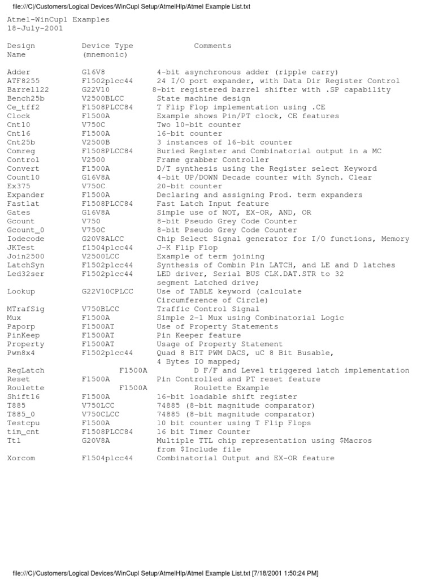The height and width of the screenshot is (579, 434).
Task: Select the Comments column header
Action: [x=212, y=46]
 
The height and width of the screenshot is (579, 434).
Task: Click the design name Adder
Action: [x=19, y=72]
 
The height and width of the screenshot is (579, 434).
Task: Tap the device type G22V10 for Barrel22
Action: [x=96, y=90]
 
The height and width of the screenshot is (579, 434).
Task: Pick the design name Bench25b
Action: [x=25, y=98]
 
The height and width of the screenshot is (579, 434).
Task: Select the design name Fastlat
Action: [x=23, y=204]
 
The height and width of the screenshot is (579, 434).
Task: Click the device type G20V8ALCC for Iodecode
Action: [x=105, y=239]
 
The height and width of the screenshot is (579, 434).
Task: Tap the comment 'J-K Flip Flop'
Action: [x=187, y=248]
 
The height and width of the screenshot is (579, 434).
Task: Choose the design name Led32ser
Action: [x=25, y=274]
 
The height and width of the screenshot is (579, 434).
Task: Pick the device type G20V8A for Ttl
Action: [x=96, y=440]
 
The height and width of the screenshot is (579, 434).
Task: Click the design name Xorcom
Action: [x=21, y=458]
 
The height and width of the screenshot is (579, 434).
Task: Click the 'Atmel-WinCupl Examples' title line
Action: [x=58, y=20]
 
